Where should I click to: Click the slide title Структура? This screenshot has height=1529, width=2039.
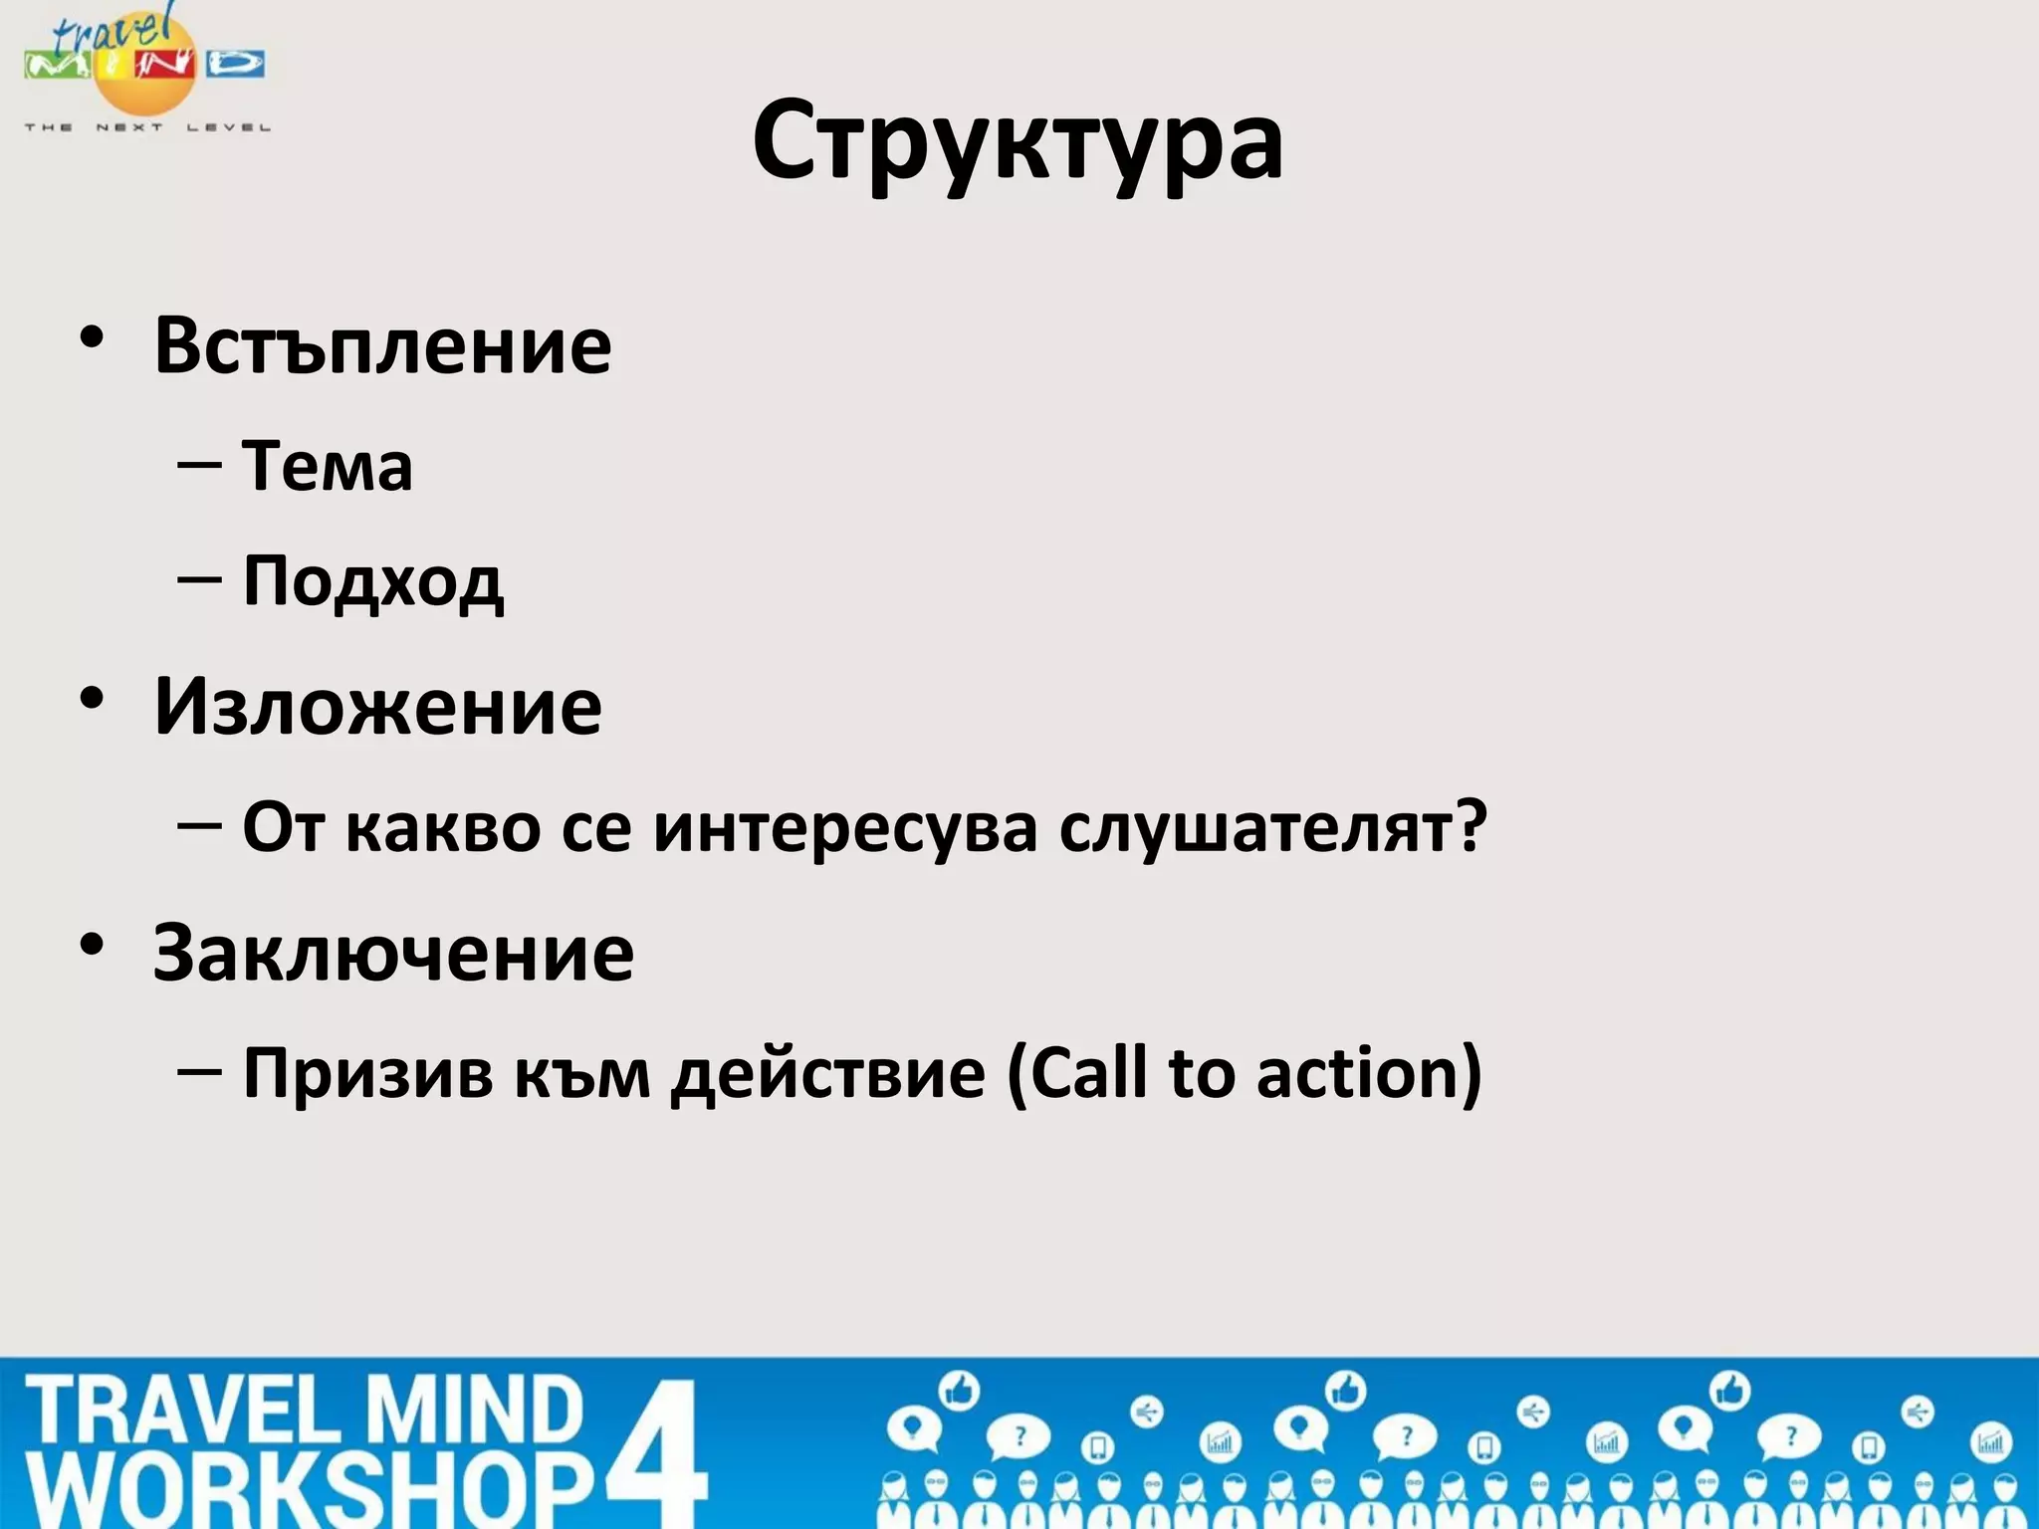[x=1018, y=142]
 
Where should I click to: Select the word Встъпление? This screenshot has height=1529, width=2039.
[x=382, y=345]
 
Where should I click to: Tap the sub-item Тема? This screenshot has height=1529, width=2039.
[x=327, y=466]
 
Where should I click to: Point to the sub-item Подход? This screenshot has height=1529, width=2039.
[x=373, y=582]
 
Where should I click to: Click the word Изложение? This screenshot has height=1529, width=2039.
[x=377, y=707]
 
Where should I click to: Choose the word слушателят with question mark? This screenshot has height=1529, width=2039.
[x=1272, y=827]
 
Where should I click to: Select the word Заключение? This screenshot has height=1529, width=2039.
[x=393, y=953]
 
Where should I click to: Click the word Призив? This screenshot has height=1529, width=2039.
[x=367, y=1073]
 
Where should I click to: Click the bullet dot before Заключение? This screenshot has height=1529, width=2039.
[x=93, y=945]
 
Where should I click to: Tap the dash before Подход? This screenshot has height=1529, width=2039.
[x=199, y=578]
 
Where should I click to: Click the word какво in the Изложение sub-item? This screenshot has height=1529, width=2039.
[x=442, y=827]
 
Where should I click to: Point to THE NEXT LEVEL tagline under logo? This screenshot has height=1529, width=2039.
[x=147, y=127]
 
